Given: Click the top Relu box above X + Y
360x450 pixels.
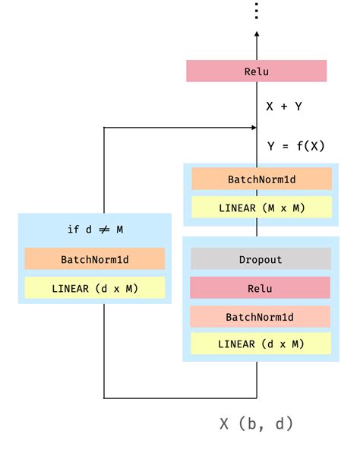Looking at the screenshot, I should pyautogui.click(x=256, y=71).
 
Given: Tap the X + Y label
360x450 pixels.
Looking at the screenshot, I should pyautogui.click(x=283, y=106).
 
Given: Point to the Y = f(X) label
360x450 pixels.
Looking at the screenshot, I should pyautogui.click(x=295, y=146).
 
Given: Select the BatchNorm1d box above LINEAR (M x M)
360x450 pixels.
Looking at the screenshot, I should pyautogui.click(x=261, y=179).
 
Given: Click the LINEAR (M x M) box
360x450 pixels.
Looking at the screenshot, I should pyautogui.click(x=261, y=208).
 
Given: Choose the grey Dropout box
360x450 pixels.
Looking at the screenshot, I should pyautogui.click(x=261, y=259).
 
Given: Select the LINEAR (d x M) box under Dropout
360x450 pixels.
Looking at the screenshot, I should pyautogui.click(x=261, y=344).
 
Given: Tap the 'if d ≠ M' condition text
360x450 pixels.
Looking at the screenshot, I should pyautogui.click(x=95, y=230).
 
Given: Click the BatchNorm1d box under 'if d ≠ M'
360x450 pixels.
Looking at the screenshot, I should pyautogui.click(x=95, y=259).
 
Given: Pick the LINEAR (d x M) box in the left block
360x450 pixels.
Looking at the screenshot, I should pyautogui.click(x=95, y=288).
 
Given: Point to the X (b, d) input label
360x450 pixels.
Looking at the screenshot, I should pyautogui.click(x=256, y=423).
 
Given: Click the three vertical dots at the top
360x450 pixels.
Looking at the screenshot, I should pyautogui.click(x=257, y=11).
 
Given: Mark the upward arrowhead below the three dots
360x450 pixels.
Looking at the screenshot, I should pyautogui.click(x=257, y=35).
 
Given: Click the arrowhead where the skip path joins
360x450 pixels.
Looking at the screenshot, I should pyautogui.click(x=252, y=128).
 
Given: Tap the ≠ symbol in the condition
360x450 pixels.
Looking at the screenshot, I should pyautogui.click(x=103, y=230).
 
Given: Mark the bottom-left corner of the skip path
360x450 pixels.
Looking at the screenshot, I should pyautogui.click(x=104, y=397).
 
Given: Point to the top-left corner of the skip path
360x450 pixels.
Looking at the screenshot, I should pyautogui.click(x=104, y=128).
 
